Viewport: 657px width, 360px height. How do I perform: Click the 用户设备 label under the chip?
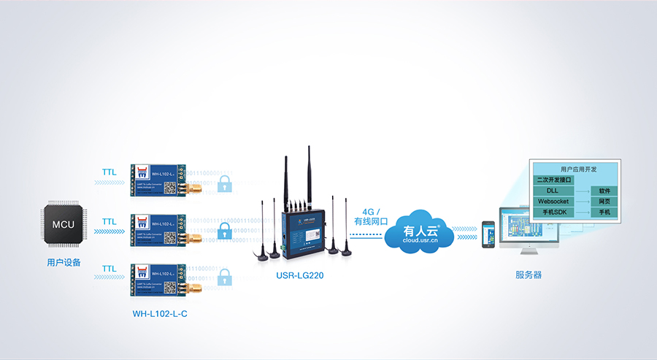click(64, 262)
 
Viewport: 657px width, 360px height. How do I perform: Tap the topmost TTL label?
click(109, 173)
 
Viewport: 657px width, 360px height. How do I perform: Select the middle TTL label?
click(109, 221)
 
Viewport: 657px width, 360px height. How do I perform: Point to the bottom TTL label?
click(109, 269)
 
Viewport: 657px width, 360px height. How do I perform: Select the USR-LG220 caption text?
click(300, 275)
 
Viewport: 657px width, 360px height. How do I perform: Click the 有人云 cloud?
click(421, 232)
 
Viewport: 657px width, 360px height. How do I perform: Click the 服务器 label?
click(529, 275)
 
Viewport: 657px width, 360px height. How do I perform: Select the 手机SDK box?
click(554, 212)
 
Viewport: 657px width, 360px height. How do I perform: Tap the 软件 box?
click(604, 190)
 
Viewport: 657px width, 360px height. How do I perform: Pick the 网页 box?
click(604, 201)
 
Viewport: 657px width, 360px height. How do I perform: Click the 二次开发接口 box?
click(554, 179)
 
